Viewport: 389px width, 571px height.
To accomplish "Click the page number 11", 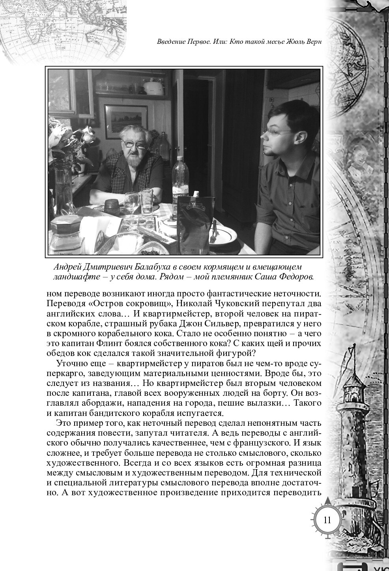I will [x=327, y=520].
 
